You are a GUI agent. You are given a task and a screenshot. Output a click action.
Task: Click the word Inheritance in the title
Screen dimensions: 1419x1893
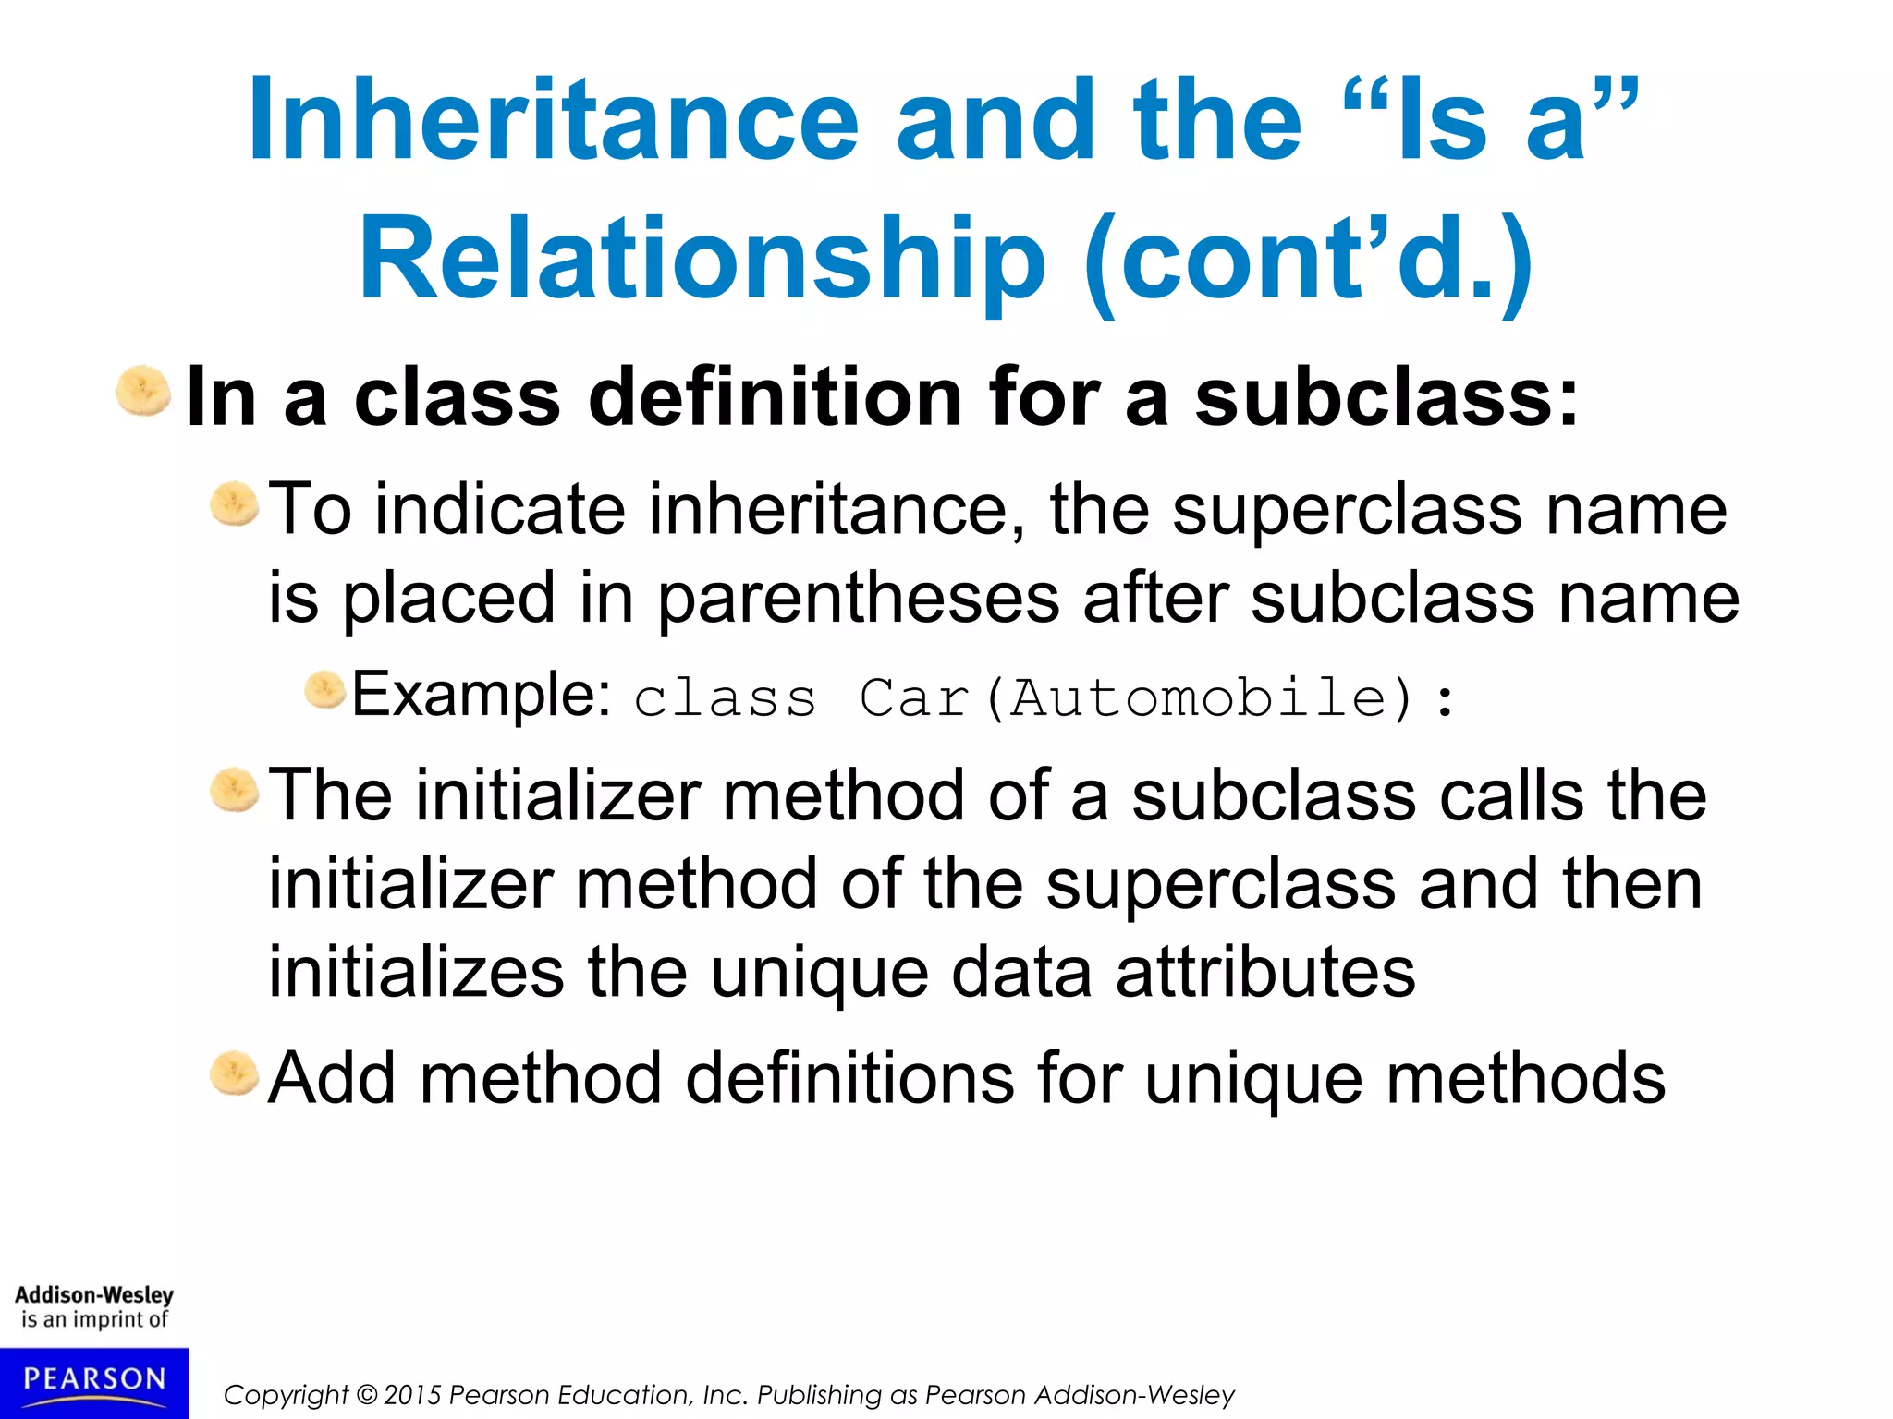click(x=554, y=120)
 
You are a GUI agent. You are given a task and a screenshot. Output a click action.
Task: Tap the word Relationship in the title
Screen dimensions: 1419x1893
click(x=702, y=258)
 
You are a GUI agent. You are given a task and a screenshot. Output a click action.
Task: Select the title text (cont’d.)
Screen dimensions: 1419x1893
click(x=1307, y=260)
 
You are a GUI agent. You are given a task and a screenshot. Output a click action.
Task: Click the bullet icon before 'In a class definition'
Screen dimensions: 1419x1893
click(x=143, y=392)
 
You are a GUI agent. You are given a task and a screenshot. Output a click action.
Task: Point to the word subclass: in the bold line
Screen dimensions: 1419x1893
click(x=1386, y=397)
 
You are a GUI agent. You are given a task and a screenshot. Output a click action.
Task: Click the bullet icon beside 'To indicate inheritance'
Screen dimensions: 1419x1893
click(x=234, y=504)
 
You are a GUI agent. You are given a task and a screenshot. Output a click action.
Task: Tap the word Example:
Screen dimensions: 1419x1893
click(x=481, y=694)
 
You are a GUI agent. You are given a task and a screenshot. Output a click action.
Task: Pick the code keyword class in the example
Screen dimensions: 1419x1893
click(x=726, y=698)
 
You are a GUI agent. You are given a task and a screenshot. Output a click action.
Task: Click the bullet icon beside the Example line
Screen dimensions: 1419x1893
click(x=324, y=690)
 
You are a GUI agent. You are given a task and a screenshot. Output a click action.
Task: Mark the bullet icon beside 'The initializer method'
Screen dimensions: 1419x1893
click(x=234, y=791)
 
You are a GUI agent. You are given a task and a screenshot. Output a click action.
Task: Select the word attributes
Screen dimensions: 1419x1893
click(x=1265, y=972)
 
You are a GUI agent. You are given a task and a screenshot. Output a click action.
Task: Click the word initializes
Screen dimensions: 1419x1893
click(x=416, y=972)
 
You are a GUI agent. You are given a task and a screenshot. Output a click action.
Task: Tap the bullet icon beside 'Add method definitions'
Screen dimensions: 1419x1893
click(x=234, y=1073)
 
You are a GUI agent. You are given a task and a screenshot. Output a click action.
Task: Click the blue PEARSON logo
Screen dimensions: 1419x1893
click(x=94, y=1382)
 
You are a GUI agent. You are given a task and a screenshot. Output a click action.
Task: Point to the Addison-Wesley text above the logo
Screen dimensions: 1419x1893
click(x=94, y=1295)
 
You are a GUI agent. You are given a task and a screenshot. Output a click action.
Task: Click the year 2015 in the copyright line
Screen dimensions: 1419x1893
click(x=413, y=1395)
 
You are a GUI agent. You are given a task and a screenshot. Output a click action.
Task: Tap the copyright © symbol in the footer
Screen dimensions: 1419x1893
click(x=367, y=1395)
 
